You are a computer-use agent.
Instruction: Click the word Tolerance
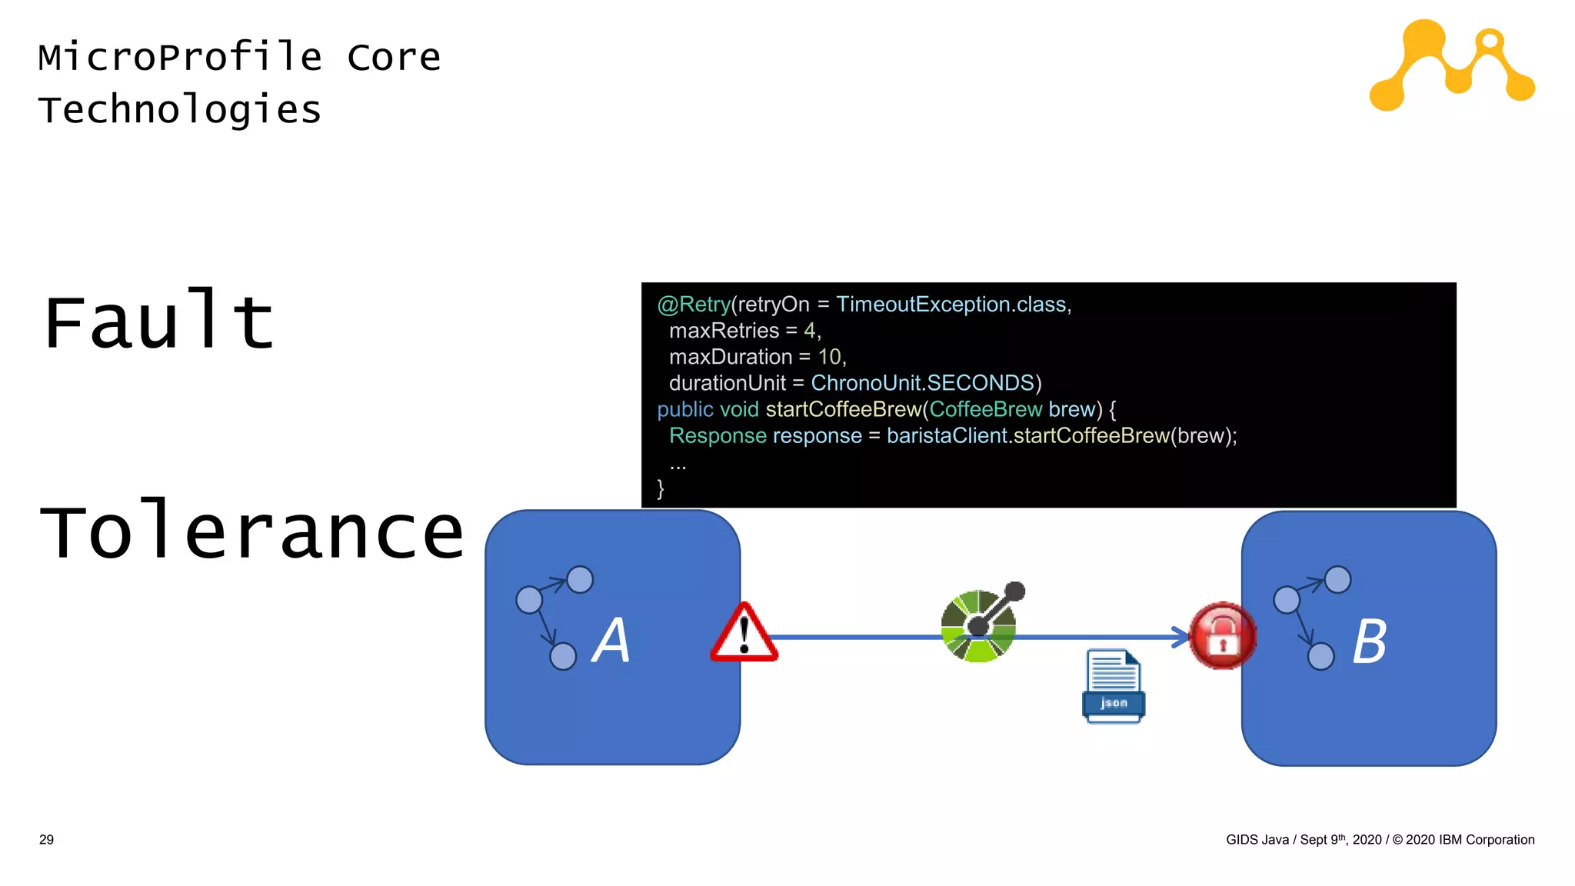(x=252, y=531)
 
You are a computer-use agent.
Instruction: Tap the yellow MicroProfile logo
(x=1451, y=65)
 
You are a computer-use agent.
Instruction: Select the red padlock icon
(x=1221, y=636)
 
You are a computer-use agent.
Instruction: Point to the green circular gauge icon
(x=979, y=625)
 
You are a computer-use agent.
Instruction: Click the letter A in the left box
(x=611, y=640)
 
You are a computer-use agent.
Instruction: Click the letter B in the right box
(x=1370, y=641)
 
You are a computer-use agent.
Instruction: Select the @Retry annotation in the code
(x=693, y=305)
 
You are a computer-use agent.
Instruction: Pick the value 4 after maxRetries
(x=809, y=331)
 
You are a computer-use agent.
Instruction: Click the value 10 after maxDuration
(x=829, y=357)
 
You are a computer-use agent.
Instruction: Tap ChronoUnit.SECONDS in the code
(x=922, y=383)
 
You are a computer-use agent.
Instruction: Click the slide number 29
(x=46, y=840)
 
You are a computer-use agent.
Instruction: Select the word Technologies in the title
(x=179, y=109)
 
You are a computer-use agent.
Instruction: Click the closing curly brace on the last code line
(x=661, y=488)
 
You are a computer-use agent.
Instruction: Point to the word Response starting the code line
(x=718, y=435)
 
